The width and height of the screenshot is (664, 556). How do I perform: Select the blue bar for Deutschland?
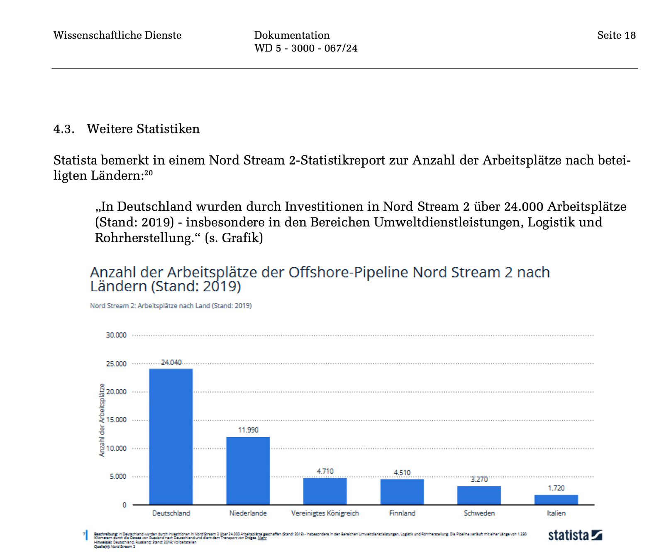coord(171,436)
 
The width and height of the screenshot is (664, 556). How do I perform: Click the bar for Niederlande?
coord(248,470)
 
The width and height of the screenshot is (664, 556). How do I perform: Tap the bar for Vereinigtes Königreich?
coord(325,491)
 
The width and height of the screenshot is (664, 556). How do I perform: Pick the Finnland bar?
coord(402,492)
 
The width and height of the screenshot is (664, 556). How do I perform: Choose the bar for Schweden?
coord(479,495)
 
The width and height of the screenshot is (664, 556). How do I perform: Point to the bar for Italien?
coord(556,499)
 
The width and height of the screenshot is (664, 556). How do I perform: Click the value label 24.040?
coord(171,362)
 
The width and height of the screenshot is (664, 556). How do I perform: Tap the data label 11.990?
coord(248,430)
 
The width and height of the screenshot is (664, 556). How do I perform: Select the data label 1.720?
coord(556,488)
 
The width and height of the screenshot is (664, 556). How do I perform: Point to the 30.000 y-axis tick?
coord(116,335)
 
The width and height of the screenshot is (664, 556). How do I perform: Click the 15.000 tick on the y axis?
coord(116,420)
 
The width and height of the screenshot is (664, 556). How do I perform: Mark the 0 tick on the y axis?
coord(124,505)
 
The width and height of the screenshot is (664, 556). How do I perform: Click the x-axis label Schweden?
coord(479,513)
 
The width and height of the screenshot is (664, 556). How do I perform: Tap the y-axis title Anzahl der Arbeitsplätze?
coord(102,420)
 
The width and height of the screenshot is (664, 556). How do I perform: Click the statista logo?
coord(575,535)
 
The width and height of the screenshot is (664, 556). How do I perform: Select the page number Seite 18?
coord(616,35)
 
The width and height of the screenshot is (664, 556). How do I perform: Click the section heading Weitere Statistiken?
coord(143,129)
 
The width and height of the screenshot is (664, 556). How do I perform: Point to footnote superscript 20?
coord(149,173)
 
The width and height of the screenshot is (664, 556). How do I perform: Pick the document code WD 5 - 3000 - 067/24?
coord(306,48)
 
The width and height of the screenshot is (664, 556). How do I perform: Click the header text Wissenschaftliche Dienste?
coord(117,35)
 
